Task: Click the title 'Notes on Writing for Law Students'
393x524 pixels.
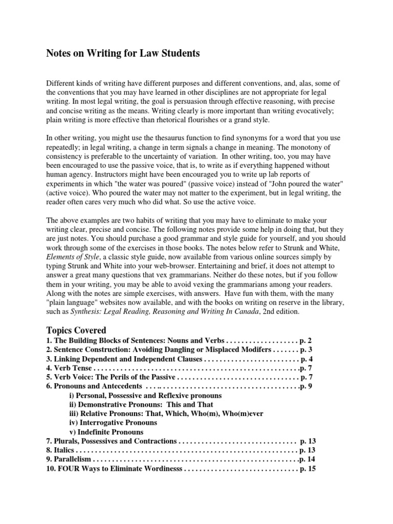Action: click(x=123, y=53)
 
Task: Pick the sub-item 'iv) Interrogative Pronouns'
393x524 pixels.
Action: click(x=113, y=423)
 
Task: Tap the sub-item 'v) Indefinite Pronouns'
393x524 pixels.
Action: click(x=106, y=432)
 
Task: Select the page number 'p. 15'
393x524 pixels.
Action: click(x=307, y=469)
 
